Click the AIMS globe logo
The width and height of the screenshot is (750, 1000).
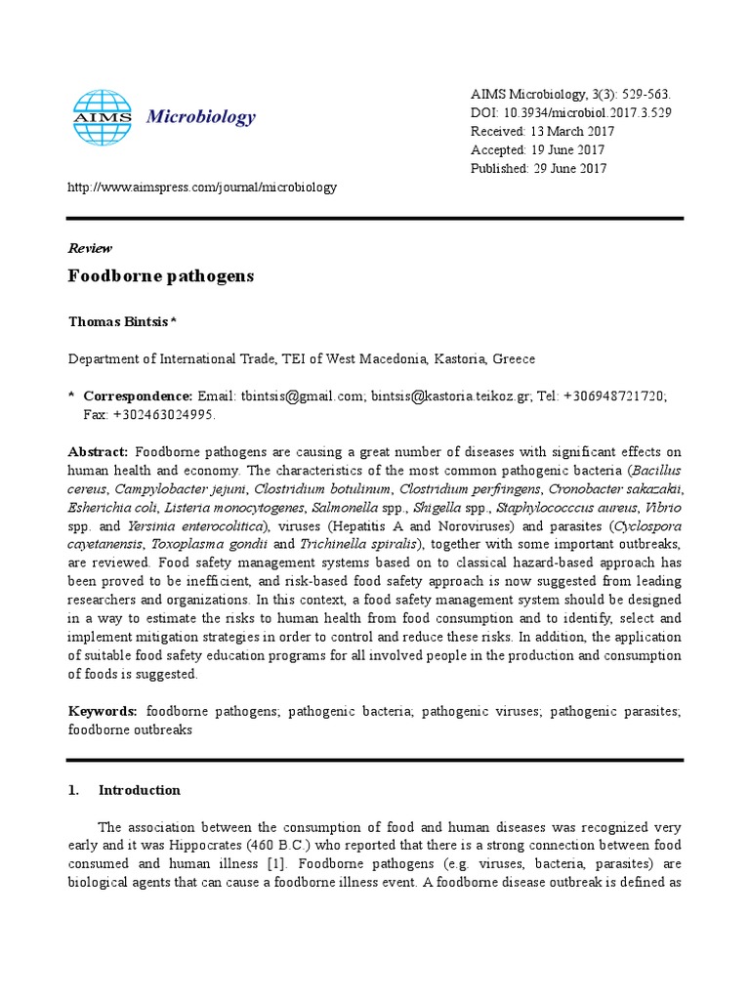102,118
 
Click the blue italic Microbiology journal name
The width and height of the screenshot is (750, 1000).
200,118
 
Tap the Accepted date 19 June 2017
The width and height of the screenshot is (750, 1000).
567,149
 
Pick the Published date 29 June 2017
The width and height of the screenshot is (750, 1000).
569,168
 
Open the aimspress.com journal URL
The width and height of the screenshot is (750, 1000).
202,187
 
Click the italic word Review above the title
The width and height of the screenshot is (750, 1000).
90,248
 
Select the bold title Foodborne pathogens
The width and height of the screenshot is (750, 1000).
160,276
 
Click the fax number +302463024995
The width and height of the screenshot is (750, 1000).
164,414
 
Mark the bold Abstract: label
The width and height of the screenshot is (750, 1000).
98,452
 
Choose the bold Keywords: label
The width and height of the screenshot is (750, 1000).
103,711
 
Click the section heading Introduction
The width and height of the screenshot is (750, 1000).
139,790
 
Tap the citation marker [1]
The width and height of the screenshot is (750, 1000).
275,865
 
